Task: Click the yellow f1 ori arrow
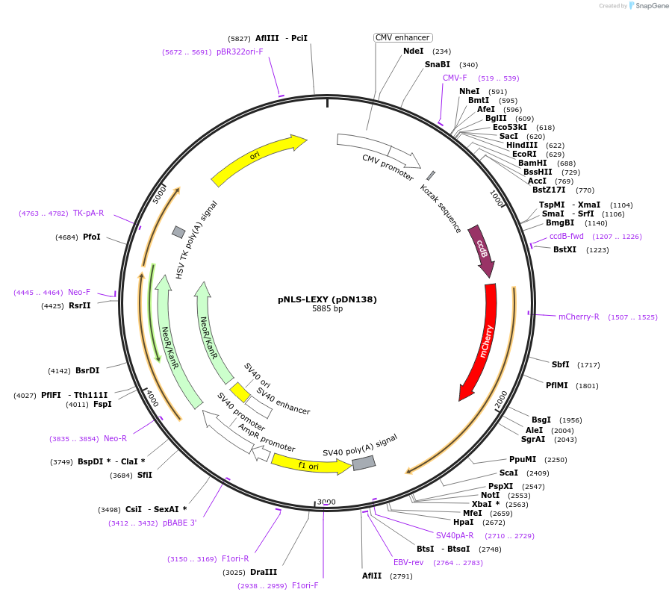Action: click(x=308, y=464)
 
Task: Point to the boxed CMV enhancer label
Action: click(x=402, y=37)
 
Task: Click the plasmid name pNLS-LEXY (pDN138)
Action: click(x=327, y=299)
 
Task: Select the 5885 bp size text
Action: click(x=327, y=309)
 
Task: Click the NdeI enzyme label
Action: click(x=413, y=52)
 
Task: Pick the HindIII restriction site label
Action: click(x=522, y=146)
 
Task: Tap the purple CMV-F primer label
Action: click(x=455, y=78)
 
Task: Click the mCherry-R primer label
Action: click(x=579, y=317)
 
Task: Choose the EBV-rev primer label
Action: click(x=408, y=562)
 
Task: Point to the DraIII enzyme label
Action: click(x=264, y=572)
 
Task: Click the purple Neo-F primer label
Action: click(x=79, y=292)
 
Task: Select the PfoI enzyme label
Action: click(x=92, y=237)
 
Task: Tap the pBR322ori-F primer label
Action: click(x=240, y=52)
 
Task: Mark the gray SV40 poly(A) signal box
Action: click(x=364, y=463)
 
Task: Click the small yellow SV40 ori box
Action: click(x=240, y=392)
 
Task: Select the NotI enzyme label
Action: click(x=491, y=495)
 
